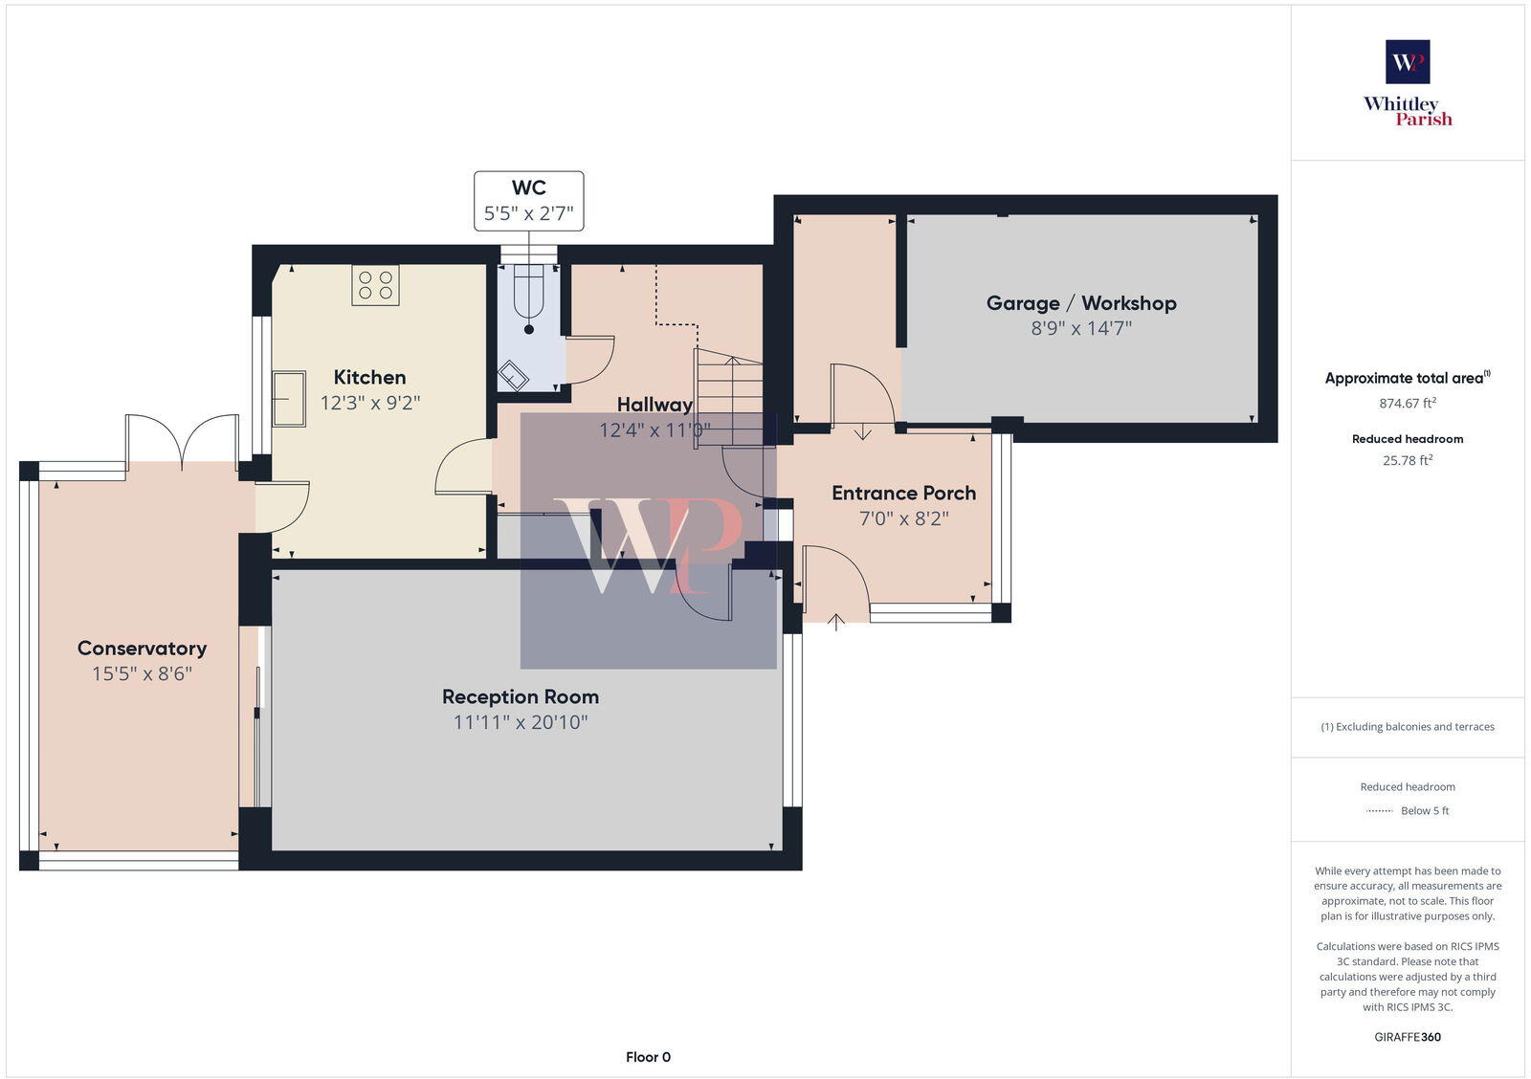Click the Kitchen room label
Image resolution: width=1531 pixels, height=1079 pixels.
[369, 377]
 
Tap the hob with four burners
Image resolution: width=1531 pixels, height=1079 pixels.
[375, 285]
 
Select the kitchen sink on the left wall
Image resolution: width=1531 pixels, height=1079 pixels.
[288, 399]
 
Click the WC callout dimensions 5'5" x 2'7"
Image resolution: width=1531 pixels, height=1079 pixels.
[528, 212]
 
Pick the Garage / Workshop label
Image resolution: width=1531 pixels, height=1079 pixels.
[1081, 303]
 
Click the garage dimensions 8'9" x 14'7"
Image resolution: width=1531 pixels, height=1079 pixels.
[1081, 328]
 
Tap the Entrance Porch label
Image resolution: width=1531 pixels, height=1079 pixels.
[903, 493]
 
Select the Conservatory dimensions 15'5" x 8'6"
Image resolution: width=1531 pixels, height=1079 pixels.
[142, 673]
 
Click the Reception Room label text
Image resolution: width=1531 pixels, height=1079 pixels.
[520, 696]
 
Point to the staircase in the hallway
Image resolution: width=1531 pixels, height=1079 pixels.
[729, 399]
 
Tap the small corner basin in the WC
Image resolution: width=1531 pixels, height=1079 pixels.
[513, 376]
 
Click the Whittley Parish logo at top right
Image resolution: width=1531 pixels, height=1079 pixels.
[1408, 84]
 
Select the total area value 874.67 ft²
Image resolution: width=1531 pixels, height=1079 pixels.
[1407, 403]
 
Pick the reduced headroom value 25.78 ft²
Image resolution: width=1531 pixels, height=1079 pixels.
[1407, 460]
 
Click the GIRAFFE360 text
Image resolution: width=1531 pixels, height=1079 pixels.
[1408, 1037]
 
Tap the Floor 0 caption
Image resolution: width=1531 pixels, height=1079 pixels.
[648, 1057]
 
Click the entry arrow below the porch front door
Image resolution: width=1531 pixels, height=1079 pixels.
[836, 623]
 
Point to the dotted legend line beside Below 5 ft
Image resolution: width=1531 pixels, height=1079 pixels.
[1379, 811]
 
